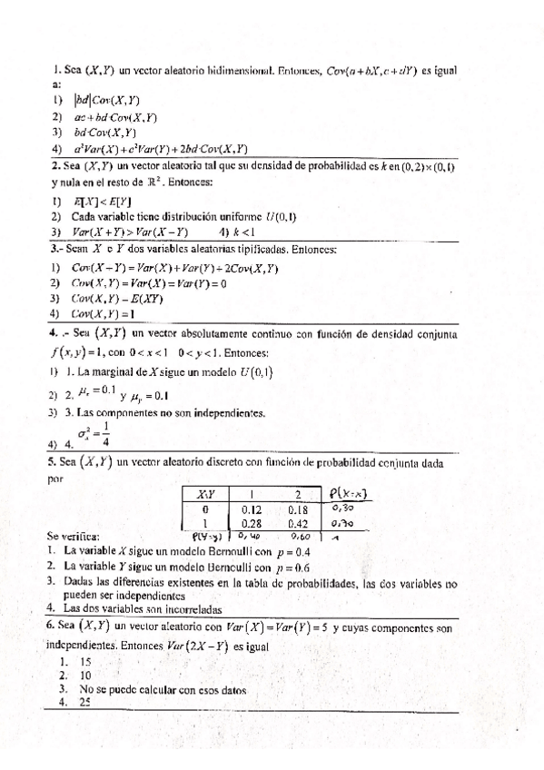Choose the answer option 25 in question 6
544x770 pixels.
[x=86, y=702]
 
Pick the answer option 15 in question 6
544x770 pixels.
[x=86, y=662]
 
